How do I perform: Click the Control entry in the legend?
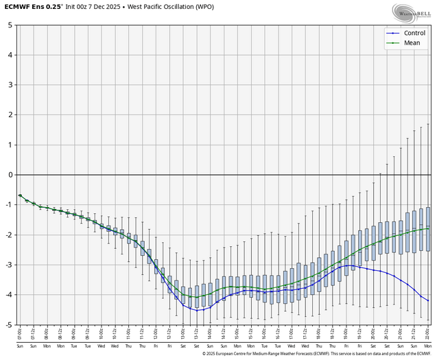[414, 33]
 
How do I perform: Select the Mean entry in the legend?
[412, 43]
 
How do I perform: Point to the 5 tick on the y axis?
[10, 25]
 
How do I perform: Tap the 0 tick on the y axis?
[10, 175]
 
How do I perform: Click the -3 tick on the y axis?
[8, 265]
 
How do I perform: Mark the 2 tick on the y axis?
[10, 115]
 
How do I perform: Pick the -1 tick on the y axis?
[8, 205]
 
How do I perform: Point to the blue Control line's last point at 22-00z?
[429, 300]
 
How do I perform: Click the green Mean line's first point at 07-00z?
[20, 195]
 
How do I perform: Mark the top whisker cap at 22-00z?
[429, 124]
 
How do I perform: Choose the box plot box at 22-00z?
[429, 229]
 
